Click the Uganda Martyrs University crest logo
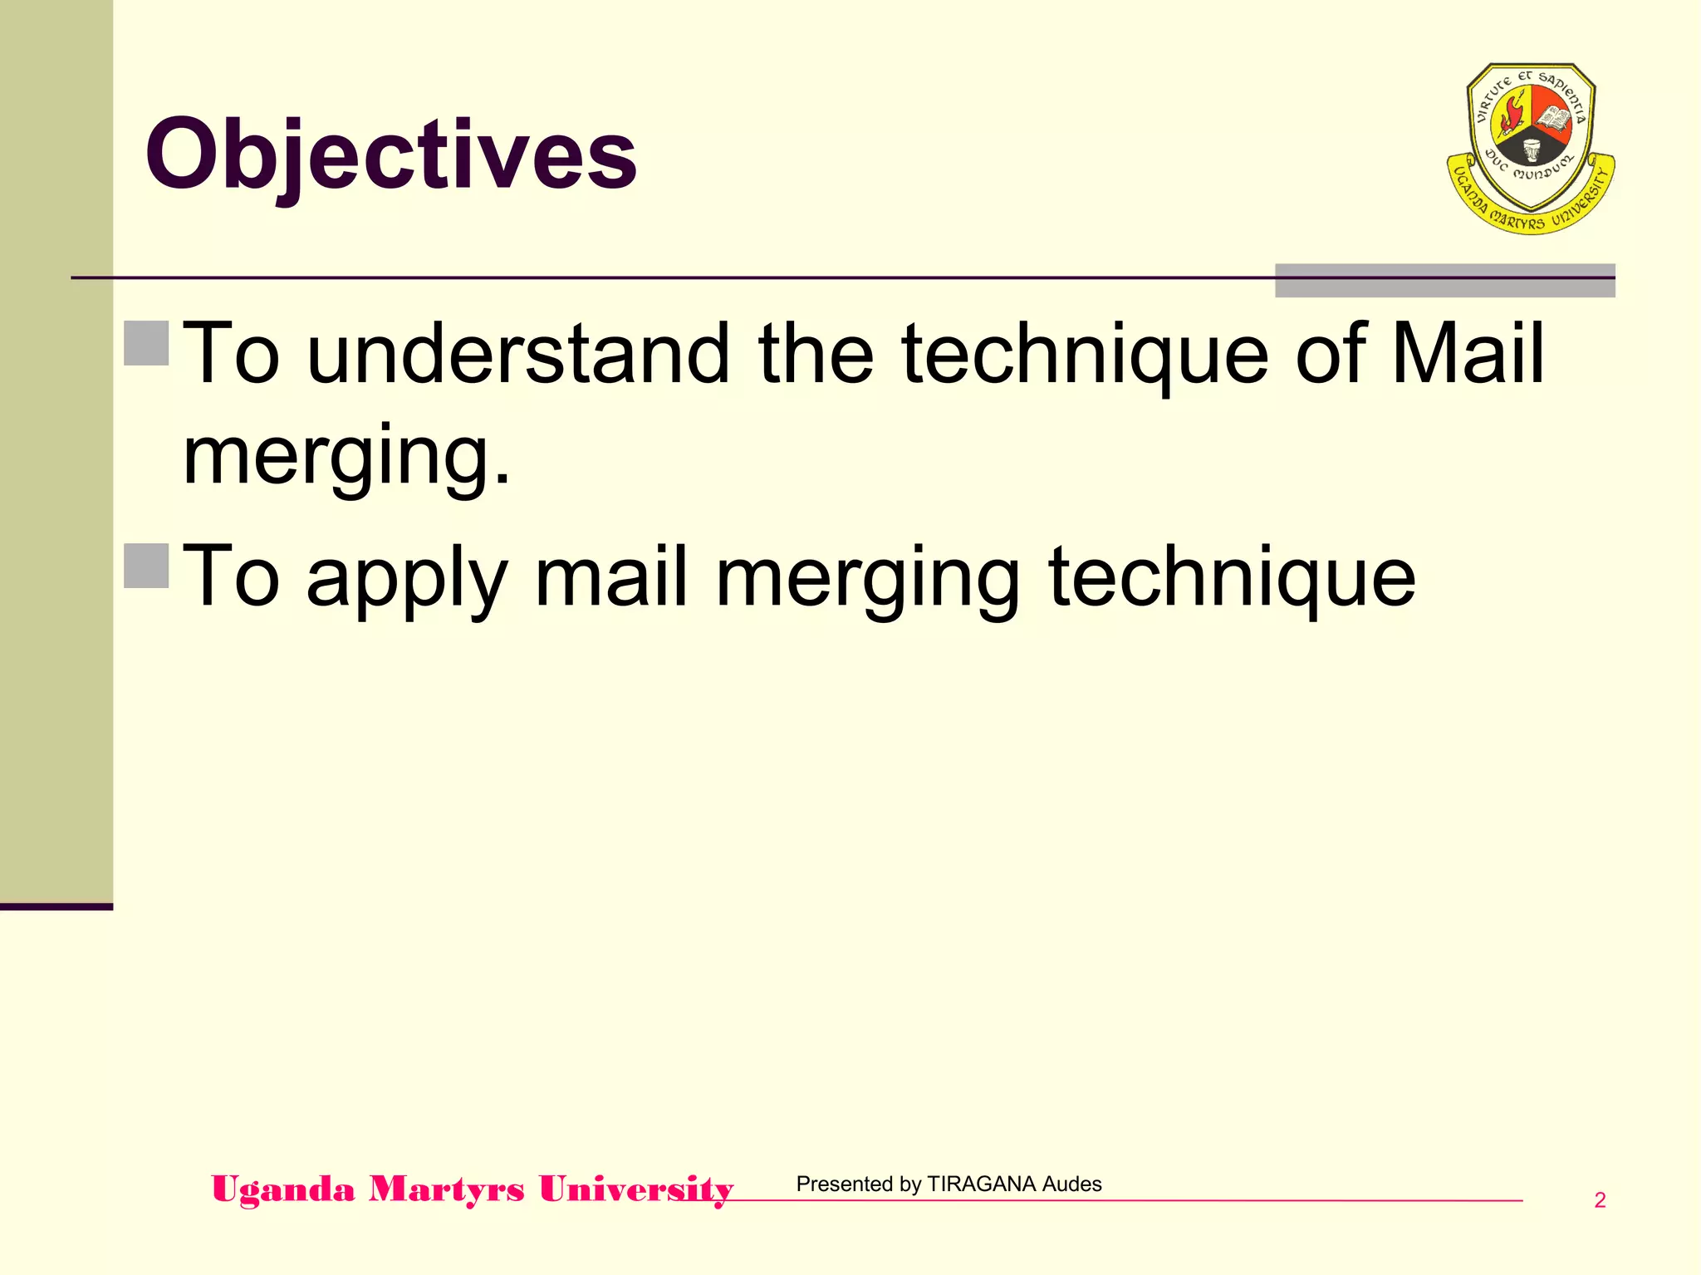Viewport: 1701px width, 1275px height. point(1530,148)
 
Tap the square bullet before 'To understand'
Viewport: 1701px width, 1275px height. point(147,343)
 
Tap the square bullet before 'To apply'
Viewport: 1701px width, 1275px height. point(147,566)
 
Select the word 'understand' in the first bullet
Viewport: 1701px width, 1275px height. point(517,355)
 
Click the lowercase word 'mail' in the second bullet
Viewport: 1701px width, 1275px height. point(611,577)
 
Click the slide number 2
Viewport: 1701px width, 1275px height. point(1600,1200)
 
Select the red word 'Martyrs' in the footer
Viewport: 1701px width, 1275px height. point(447,1189)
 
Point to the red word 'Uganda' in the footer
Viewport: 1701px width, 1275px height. point(283,1189)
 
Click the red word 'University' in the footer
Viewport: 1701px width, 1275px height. point(636,1189)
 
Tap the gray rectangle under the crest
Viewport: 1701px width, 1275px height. point(1444,281)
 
